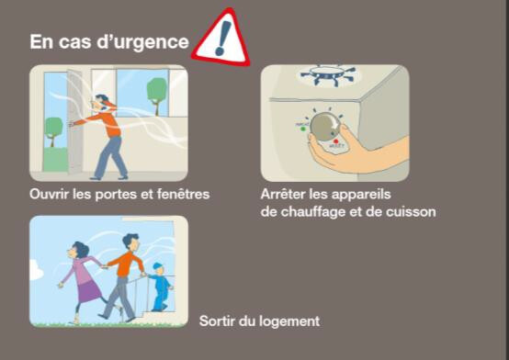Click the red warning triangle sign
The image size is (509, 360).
pos(222,39)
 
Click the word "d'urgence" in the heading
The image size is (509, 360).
pos(142,42)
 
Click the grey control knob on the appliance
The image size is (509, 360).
pos(325,127)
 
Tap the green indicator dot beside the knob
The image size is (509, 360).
pos(303,129)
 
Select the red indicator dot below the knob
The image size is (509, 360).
pos(336,141)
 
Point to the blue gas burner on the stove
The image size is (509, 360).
pos(328,75)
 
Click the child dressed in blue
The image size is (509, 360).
pos(160,287)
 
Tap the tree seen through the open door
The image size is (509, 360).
pos(53,131)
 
